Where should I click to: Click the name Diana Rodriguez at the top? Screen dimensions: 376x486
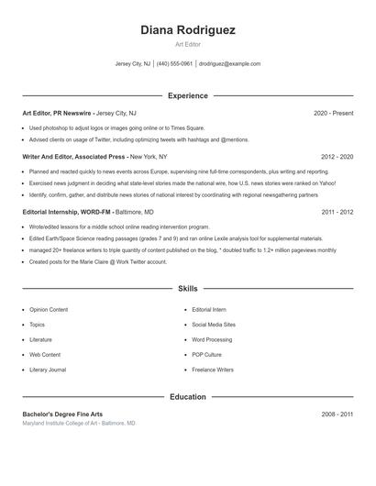point(188,29)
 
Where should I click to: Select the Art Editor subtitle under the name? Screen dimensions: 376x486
point(188,44)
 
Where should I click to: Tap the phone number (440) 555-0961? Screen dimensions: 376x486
point(174,64)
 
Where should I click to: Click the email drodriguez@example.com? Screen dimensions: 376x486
point(230,64)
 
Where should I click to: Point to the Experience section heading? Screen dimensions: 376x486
point(188,95)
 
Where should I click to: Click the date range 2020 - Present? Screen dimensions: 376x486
point(333,113)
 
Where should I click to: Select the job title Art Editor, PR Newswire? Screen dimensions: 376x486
point(57,113)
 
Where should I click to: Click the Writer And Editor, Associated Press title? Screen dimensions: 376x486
point(68,157)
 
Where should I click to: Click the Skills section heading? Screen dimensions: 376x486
point(188,288)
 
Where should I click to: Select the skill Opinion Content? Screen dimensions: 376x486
point(50,310)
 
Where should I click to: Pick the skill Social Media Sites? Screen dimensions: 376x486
point(214,325)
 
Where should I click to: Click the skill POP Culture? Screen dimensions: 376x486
point(206,354)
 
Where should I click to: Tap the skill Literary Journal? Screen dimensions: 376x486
point(48,369)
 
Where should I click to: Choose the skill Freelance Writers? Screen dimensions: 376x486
point(213,369)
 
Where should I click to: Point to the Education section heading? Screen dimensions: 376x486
point(188,397)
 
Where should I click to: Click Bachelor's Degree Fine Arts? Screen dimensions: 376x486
point(62,414)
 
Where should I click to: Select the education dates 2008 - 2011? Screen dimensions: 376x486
point(337,414)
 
